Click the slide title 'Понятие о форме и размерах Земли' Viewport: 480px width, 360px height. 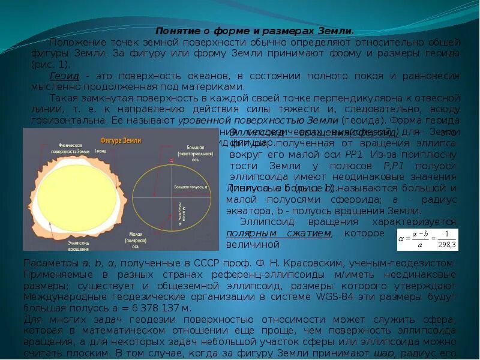coord(254,31)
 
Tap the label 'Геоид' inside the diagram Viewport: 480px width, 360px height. coord(100,152)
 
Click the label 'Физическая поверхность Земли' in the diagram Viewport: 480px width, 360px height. coord(74,150)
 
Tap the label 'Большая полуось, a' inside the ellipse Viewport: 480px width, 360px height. coord(191,188)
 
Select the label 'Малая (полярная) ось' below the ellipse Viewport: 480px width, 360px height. coord(139,240)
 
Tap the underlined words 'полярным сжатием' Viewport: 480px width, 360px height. coord(278,233)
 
